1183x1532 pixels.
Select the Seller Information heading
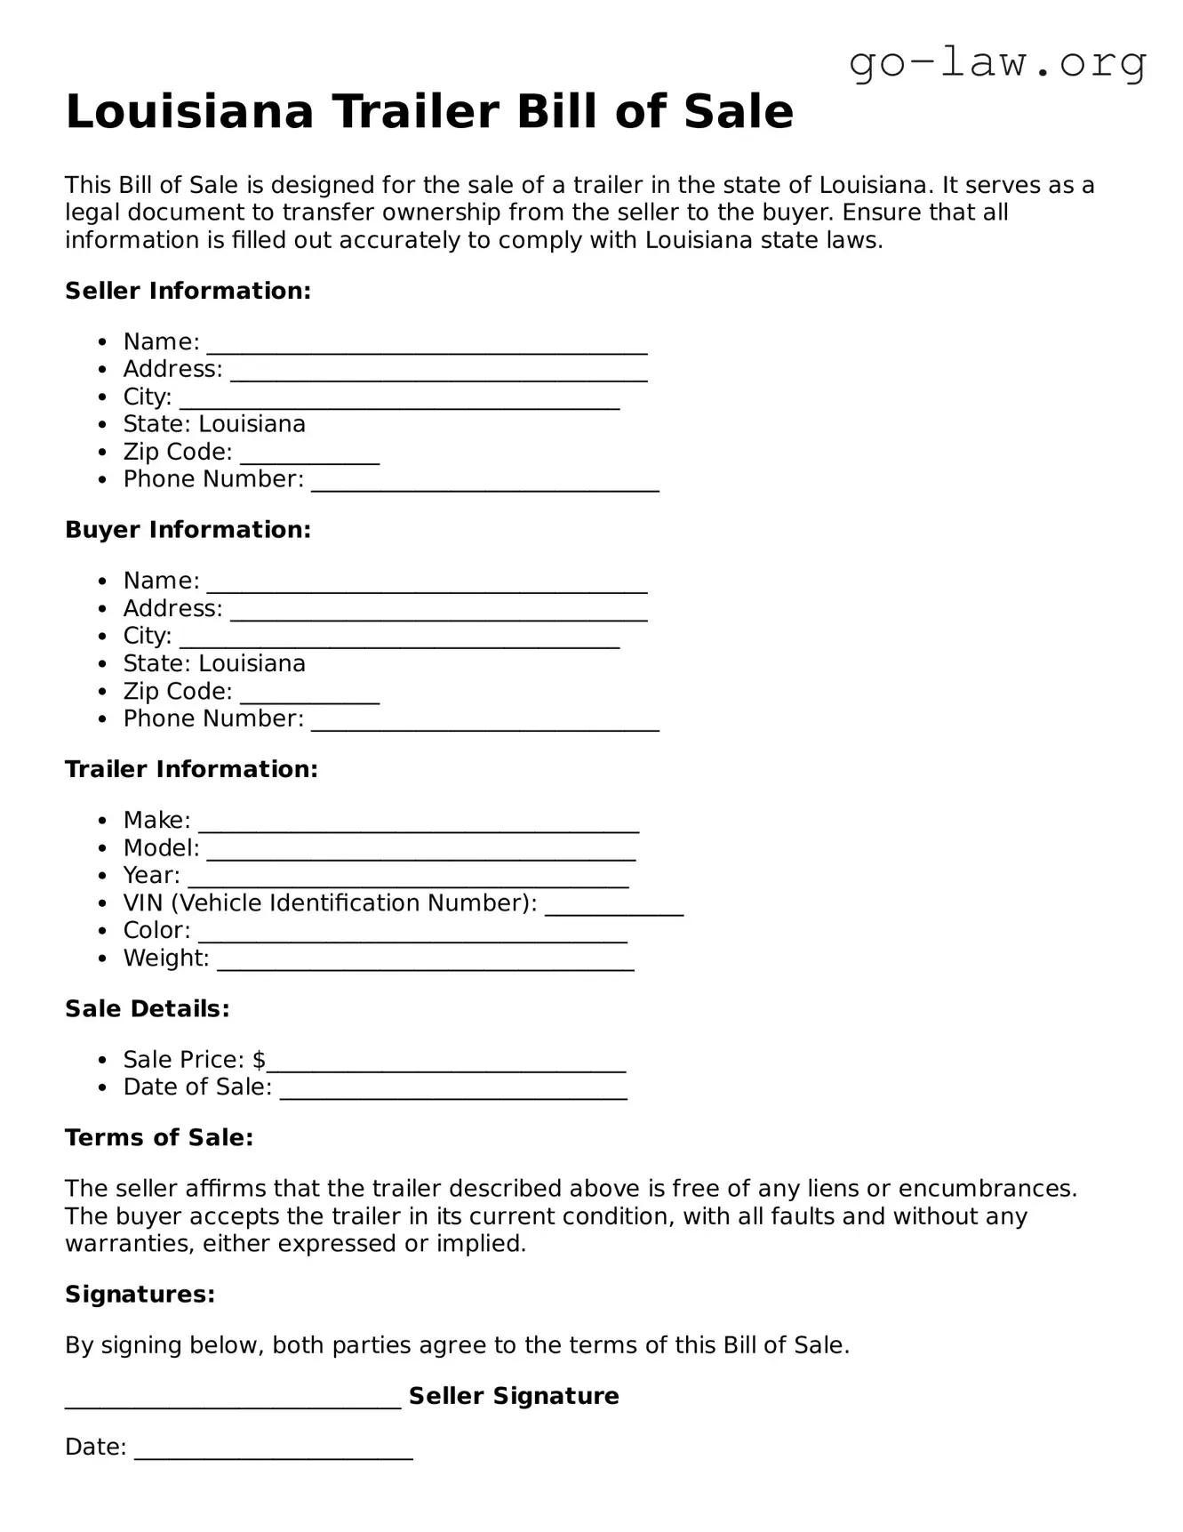click(x=188, y=291)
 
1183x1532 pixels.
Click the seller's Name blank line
click(x=427, y=349)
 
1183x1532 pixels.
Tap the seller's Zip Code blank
click(x=309, y=459)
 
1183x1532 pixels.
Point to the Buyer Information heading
click(x=188, y=530)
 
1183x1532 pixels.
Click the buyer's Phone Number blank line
click(x=484, y=726)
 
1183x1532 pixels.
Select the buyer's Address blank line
click(x=438, y=615)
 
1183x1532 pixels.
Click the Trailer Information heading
click(x=191, y=769)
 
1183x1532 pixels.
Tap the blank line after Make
click(x=418, y=827)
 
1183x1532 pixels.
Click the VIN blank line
click(x=613, y=910)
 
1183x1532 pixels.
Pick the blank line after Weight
click(x=425, y=965)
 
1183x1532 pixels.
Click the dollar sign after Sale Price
click(x=259, y=1060)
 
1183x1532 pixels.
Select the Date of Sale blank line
click(x=453, y=1094)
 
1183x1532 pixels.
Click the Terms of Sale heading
click(x=159, y=1138)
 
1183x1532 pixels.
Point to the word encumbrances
click(x=987, y=1189)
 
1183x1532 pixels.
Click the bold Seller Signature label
click(x=514, y=1396)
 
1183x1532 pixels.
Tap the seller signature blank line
click(x=233, y=1403)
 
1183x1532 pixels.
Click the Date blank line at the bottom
click(x=273, y=1454)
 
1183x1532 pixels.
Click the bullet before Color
click(x=104, y=931)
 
